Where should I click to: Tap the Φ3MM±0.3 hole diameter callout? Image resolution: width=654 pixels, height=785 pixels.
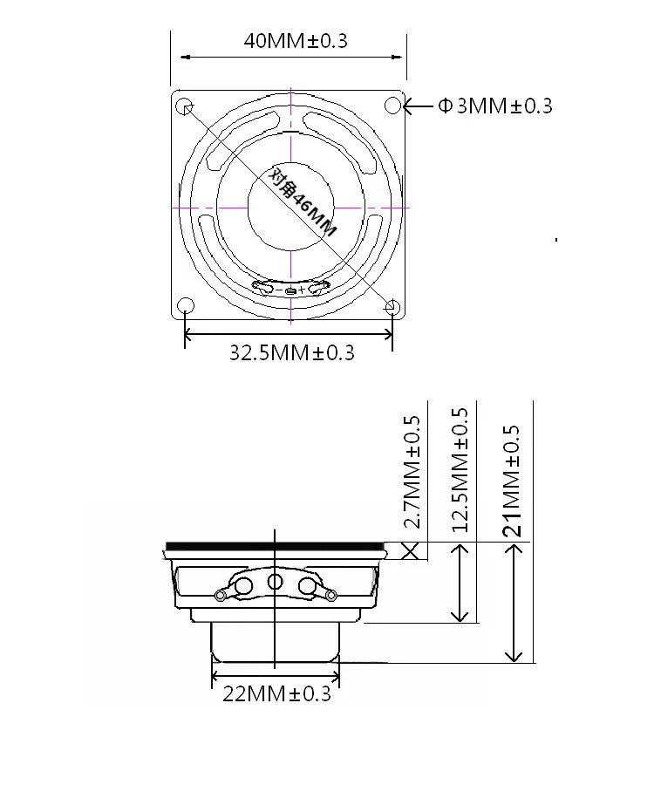495,106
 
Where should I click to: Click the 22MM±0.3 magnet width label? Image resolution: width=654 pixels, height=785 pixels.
277,694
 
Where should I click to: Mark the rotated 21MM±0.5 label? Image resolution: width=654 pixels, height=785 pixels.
513,480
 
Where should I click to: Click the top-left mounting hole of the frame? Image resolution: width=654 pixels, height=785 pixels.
185,106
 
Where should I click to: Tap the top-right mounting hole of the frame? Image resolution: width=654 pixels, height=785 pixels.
392,106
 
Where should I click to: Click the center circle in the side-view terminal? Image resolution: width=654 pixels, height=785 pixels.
276,582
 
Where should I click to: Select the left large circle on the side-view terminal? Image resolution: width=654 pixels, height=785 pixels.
244,585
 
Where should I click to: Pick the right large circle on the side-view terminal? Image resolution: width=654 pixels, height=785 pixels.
307,585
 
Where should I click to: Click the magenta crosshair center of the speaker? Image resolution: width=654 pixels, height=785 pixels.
290,208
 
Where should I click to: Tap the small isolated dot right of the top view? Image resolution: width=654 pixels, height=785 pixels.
555,239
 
